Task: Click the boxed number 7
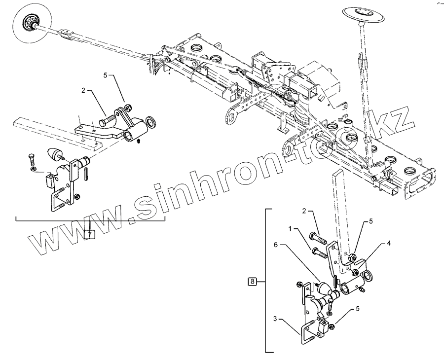[x=89, y=234]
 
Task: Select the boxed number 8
[x=252, y=282]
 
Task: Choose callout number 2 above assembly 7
[x=84, y=91]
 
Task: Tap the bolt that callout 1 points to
[x=319, y=253]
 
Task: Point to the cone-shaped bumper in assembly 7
[x=53, y=154]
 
